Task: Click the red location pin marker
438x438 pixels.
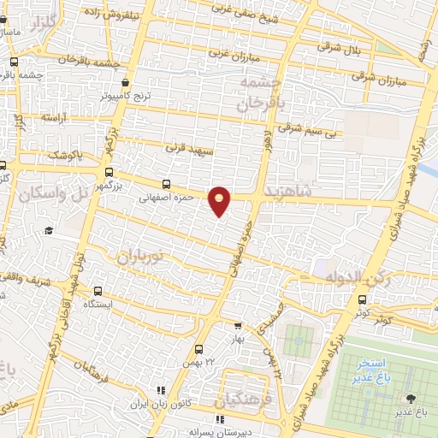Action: [220, 200]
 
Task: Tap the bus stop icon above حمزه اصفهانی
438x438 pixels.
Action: [166, 184]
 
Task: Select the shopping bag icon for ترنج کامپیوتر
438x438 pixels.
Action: [126, 83]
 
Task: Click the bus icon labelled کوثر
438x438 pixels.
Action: [363, 299]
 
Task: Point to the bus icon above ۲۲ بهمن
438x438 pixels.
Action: [198, 348]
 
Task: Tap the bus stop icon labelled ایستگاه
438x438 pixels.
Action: [100, 291]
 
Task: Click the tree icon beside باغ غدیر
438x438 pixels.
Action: [411, 398]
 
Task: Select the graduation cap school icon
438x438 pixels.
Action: [49, 231]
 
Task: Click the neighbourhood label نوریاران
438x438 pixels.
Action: [141, 254]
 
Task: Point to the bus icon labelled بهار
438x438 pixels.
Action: [239, 325]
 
